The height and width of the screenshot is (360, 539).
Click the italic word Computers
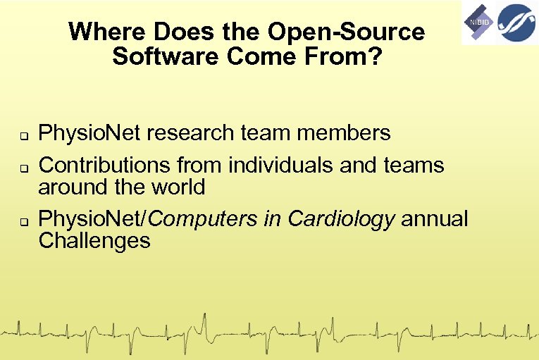click(204, 219)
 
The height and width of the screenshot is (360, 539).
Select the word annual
click(435, 219)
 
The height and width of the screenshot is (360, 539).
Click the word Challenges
click(94, 241)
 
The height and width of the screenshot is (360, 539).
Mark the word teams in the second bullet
click(414, 166)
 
